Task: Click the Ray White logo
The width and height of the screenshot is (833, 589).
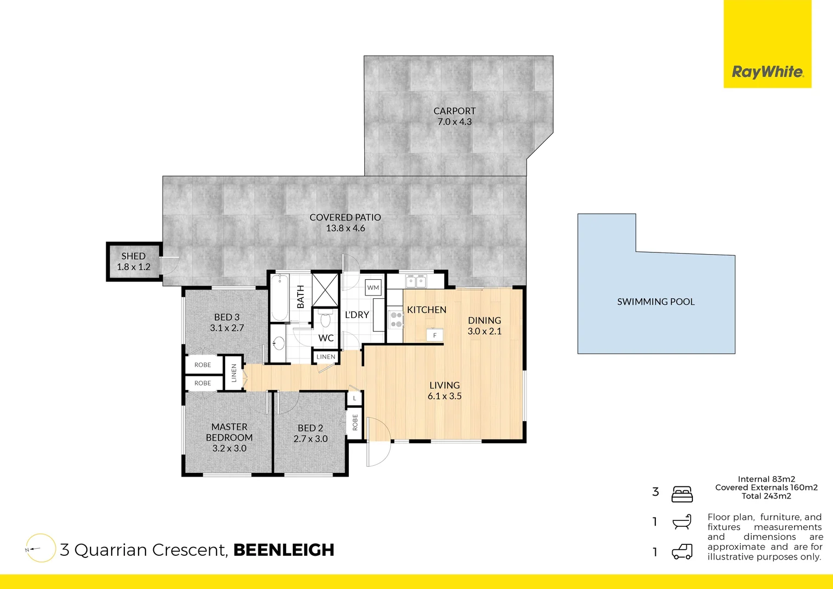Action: (767, 71)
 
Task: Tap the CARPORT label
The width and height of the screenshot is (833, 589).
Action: (454, 111)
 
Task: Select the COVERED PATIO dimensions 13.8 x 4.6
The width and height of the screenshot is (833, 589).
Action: (345, 229)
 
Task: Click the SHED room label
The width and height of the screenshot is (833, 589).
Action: (133, 256)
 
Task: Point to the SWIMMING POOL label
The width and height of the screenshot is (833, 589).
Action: (655, 302)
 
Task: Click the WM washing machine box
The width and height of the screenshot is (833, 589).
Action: (373, 287)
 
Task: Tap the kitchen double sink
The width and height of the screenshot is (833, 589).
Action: (416, 281)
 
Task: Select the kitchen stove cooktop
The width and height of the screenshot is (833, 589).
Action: (396, 320)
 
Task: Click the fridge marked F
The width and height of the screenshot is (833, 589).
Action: (434, 335)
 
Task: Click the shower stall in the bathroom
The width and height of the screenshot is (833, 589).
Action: (325, 290)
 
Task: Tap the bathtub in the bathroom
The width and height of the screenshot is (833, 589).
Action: (280, 298)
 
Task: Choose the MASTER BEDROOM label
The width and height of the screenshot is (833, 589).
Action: (229, 432)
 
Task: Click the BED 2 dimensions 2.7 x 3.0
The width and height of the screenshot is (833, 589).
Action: (310, 439)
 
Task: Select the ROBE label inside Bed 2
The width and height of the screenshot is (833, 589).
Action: (355, 423)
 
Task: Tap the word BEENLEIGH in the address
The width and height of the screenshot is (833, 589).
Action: (283, 550)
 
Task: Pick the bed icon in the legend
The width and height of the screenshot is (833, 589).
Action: (682, 494)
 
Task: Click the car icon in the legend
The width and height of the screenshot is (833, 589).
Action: (682, 552)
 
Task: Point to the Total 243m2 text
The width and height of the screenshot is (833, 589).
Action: (766, 496)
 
